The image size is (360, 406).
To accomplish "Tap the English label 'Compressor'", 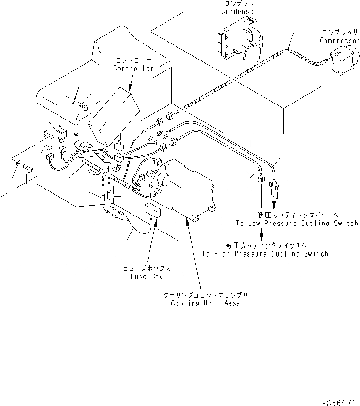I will [x=339, y=41].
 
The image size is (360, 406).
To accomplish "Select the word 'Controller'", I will [x=133, y=69].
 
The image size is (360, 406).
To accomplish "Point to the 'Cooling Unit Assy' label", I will [x=205, y=303].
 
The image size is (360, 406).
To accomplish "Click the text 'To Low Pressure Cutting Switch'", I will [x=297, y=223].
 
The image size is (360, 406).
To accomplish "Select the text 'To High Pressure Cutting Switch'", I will [x=265, y=254].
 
